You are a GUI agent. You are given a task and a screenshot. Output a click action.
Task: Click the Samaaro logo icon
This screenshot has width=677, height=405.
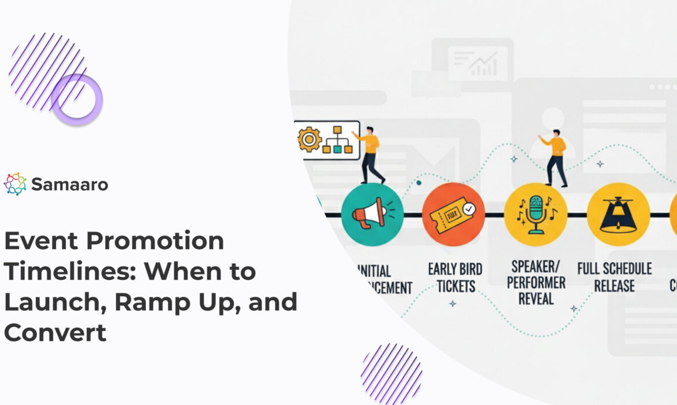(15, 184)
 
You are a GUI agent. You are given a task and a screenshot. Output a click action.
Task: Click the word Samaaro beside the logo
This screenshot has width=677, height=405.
(69, 185)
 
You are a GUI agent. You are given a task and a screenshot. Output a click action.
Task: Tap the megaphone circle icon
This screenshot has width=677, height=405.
(372, 215)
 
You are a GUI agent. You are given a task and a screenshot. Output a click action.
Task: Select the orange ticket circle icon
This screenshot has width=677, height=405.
(453, 215)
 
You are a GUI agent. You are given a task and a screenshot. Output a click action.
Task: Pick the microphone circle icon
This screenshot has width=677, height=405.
(535, 215)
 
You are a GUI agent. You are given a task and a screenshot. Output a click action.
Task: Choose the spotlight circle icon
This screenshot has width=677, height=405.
(618, 215)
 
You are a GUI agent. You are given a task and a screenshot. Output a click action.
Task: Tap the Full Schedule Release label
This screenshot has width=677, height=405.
(615, 277)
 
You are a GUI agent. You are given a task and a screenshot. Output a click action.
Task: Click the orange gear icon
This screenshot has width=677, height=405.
(309, 139)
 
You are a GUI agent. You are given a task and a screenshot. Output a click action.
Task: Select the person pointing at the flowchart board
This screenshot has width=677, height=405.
(370, 153)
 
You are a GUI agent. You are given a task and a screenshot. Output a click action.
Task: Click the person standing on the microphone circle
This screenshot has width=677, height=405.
(554, 156)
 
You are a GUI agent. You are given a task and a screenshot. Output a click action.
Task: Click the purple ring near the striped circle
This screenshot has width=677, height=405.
(76, 100)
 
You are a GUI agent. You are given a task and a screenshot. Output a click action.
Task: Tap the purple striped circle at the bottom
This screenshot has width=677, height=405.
(392, 373)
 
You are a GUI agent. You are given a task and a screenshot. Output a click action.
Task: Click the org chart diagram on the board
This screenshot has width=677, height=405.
(337, 140)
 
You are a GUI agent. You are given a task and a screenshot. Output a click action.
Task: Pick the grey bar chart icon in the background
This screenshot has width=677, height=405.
(484, 64)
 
